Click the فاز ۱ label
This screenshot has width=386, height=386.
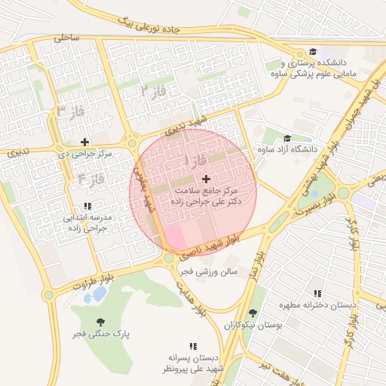pyautogui.click(x=195, y=161)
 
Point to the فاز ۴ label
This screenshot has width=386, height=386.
pyautogui.click(x=90, y=179)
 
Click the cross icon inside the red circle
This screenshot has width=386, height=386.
pyautogui.click(x=207, y=178)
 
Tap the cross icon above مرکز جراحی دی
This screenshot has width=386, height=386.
pyautogui.click(x=84, y=141)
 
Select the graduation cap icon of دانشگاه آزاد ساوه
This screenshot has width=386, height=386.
pyautogui.click(x=286, y=138)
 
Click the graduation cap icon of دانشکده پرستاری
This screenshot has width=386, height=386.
pyautogui.click(x=312, y=51)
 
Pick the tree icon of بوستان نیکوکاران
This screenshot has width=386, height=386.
pyautogui.click(x=251, y=313)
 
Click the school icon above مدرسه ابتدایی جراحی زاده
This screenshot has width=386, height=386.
pyautogui.click(x=88, y=206)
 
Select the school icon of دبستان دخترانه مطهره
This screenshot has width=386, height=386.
pyautogui.click(x=317, y=293)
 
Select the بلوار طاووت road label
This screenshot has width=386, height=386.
pyautogui.click(x=93, y=283)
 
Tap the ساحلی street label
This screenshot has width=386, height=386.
pyautogui.click(x=66, y=36)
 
